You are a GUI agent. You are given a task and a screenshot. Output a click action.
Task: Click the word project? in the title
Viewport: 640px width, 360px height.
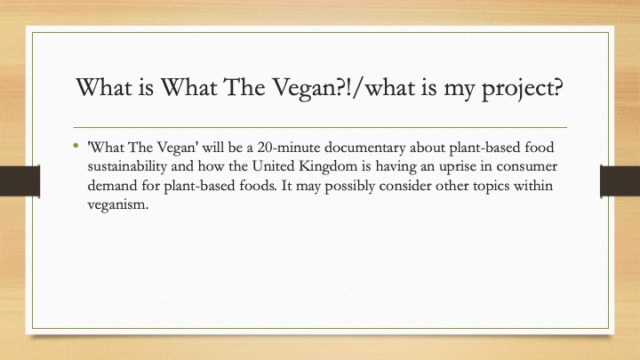point(523,89)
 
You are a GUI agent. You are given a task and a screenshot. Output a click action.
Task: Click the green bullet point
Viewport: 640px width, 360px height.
point(76,145)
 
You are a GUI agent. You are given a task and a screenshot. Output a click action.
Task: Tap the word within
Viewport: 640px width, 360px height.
point(533,186)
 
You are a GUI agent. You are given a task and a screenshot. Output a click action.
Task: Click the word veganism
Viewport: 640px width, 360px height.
point(118,205)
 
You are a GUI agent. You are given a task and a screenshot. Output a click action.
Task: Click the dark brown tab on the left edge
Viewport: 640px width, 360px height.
point(20,180)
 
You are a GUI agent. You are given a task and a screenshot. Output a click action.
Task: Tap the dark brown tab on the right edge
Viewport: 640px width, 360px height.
point(620,180)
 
